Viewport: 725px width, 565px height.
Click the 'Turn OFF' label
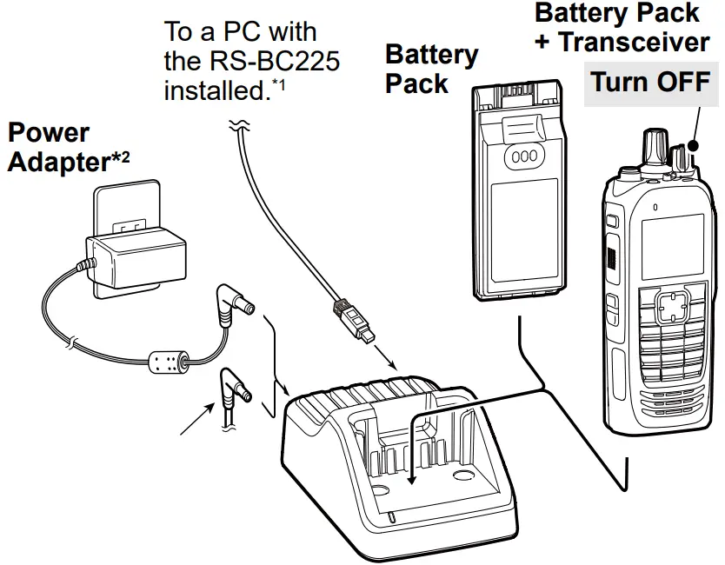pos(650,83)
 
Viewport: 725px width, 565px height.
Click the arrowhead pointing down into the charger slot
pos(411,479)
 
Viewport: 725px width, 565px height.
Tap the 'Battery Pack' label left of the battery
pos(430,70)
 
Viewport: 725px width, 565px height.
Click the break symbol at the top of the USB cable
pos(235,129)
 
